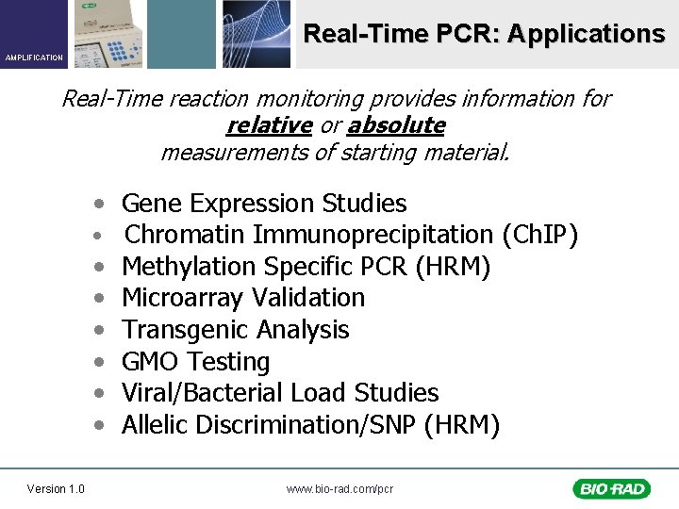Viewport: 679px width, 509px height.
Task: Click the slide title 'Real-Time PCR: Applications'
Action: click(484, 35)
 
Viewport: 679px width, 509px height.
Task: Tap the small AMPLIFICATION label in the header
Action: click(34, 57)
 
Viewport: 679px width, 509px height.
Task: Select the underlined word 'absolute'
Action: click(396, 125)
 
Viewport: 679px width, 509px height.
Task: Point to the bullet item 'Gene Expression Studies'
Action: click(264, 204)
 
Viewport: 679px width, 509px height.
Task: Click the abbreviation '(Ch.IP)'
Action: click(540, 235)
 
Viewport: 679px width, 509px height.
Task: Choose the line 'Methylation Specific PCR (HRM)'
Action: click(306, 267)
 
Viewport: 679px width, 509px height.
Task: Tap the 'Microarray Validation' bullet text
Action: click(243, 298)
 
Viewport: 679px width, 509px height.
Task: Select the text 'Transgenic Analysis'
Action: click(236, 330)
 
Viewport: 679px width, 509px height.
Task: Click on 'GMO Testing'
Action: click(196, 361)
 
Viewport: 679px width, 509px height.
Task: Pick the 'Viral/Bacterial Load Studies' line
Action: click(280, 392)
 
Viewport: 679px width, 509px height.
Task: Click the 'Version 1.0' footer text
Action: click(56, 488)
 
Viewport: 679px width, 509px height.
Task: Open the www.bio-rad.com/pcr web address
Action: click(339, 488)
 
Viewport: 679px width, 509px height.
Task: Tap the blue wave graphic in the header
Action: click(257, 34)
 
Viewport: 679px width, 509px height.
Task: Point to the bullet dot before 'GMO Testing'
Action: click(99, 362)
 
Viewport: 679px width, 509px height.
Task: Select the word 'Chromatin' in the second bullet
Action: click(186, 235)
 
